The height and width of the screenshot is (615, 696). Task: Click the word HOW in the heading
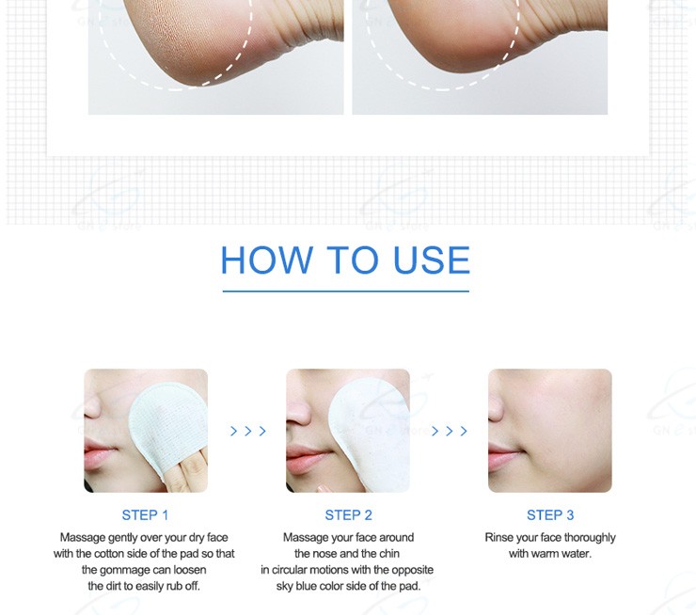[267, 260]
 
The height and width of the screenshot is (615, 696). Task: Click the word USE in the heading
[432, 260]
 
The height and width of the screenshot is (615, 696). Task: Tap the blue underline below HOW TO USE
[346, 292]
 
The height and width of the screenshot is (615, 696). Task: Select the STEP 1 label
[145, 515]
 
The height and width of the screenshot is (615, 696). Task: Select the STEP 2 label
[348, 515]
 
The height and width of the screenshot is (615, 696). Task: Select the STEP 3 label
[550, 515]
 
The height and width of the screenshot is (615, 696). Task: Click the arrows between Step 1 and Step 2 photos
[248, 431]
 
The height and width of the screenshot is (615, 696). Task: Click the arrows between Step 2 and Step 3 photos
[450, 431]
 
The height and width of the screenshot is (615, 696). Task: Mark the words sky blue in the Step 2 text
[296, 586]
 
